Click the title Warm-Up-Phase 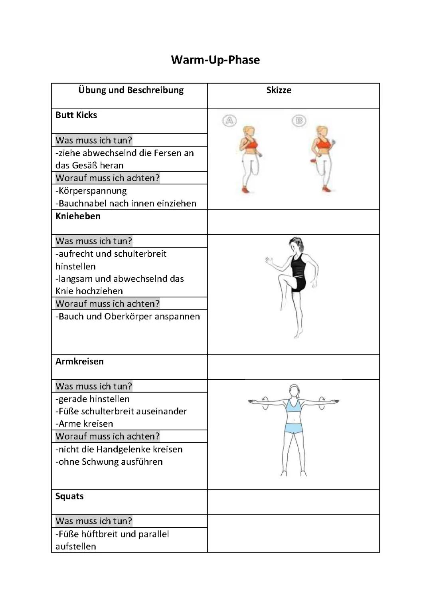click(x=215, y=60)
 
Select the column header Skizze click(x=279, y=90)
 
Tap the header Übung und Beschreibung click(x=131, y=90)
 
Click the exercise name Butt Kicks click(x=76, y=115)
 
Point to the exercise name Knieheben click(x=78, y=216)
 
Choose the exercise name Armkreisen click(x=79, y=361)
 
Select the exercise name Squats click(x=69, y=496)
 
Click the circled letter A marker click(x=229, y=121)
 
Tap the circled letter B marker click(x=299, y=120)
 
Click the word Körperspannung click(x=93, y=191)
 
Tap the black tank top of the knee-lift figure click(x=298, y=266)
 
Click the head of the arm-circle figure click(x=295, y=390)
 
